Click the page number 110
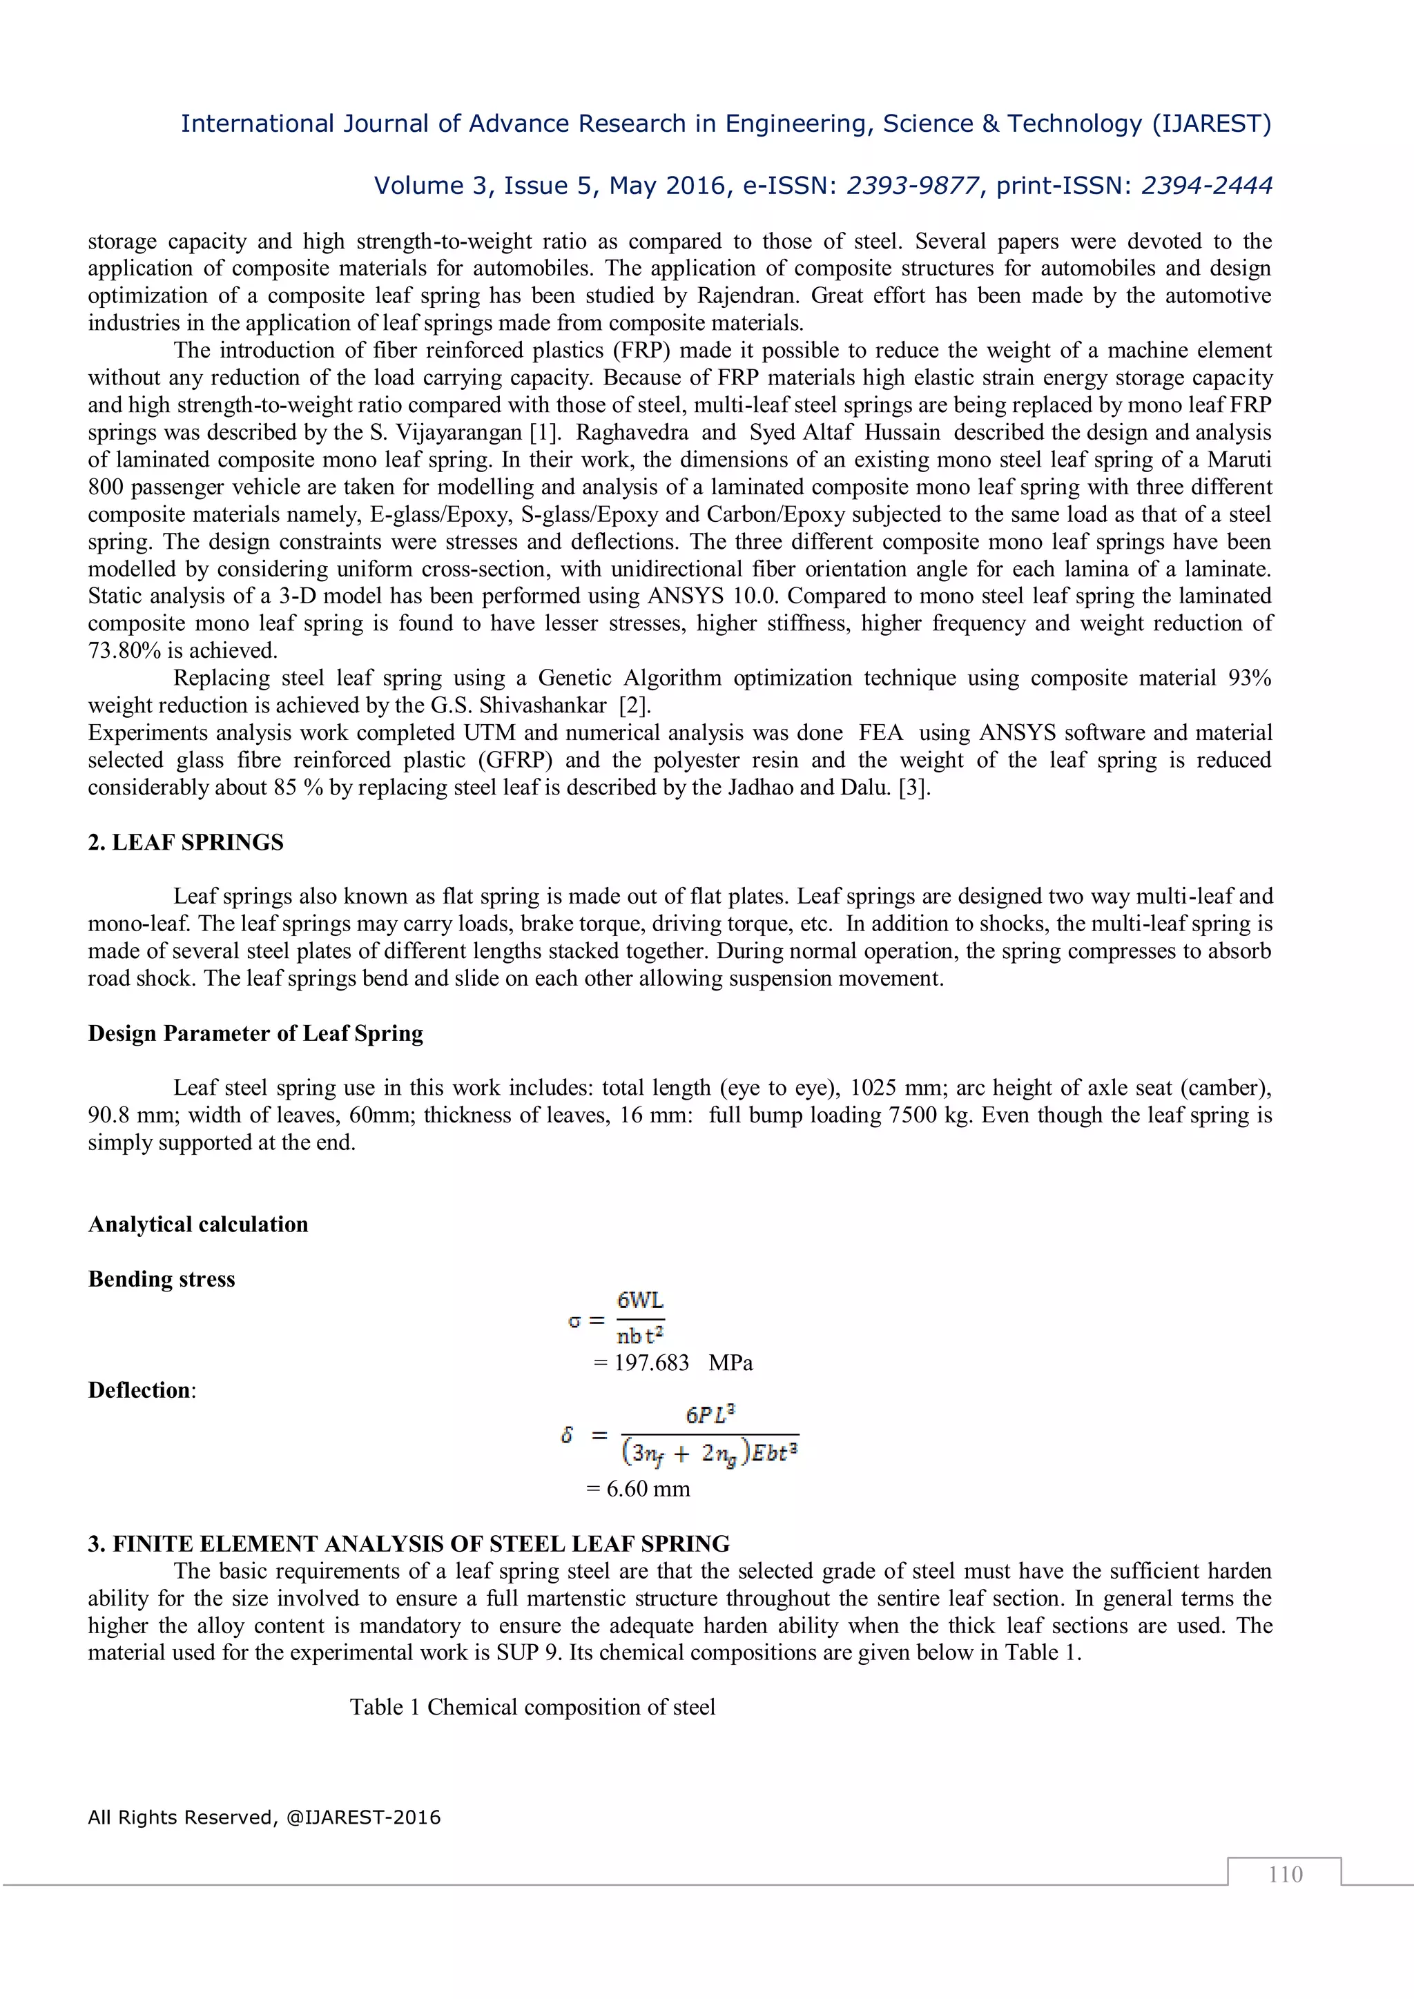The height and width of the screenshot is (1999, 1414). tap(1284, 1873)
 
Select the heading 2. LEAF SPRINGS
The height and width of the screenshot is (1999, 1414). tap(186, 842)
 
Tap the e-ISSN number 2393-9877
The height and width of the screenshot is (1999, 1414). tap(913, 186)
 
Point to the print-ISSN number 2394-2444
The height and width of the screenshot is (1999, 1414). tap(1207, 186)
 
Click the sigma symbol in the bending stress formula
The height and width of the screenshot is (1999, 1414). tap(574, 1322)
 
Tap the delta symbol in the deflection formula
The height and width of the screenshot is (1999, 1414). tap(567, 1435)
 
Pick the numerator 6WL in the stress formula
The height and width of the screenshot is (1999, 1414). tap(640, 1300)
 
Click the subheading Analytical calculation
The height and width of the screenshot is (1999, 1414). tap(197, 1224)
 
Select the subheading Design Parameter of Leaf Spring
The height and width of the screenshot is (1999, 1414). tap(255, 1033)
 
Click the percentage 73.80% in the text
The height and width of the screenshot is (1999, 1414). tap(124, 650)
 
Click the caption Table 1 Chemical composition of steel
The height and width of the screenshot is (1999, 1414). tap(532, 1706)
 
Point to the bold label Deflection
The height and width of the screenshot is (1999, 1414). tap(139, 1389)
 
